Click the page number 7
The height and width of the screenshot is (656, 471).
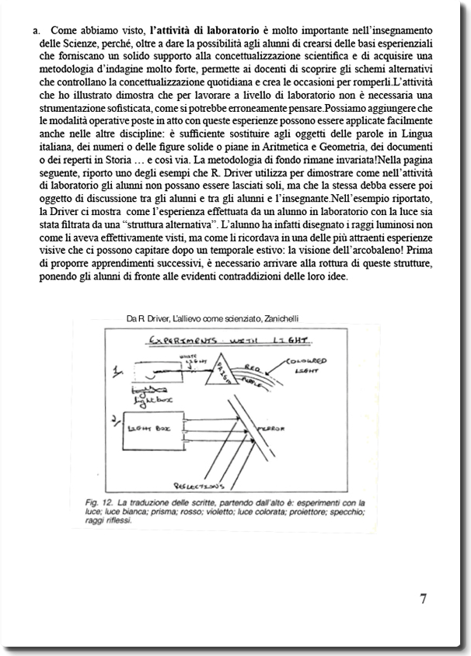click(x=424, y=599)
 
